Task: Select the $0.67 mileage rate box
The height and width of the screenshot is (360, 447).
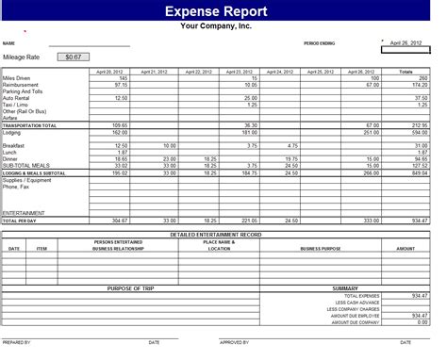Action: pos(71,57)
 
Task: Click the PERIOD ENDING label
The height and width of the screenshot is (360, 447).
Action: pos(319,43)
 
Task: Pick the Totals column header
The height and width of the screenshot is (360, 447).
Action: pos(406,72)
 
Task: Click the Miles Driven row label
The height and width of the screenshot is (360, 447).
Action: pos(16,77)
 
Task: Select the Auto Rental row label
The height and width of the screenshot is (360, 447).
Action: pos(16,97)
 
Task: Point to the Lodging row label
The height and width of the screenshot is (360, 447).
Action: pos(12,131)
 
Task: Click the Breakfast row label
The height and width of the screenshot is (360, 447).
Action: pos(14,145)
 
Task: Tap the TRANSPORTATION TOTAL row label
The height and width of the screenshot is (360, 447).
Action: pos(30,124)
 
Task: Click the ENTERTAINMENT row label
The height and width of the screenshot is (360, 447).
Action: pos(23,212)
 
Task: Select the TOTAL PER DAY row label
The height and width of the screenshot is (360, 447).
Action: pos(20,220)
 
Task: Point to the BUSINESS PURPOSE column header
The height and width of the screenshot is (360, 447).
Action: pos(321,248)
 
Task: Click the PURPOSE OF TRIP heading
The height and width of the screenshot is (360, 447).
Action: pos(131,287)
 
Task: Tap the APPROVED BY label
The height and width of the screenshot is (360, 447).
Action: pos(234,341)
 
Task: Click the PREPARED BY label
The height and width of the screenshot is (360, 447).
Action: pos(17,341)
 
